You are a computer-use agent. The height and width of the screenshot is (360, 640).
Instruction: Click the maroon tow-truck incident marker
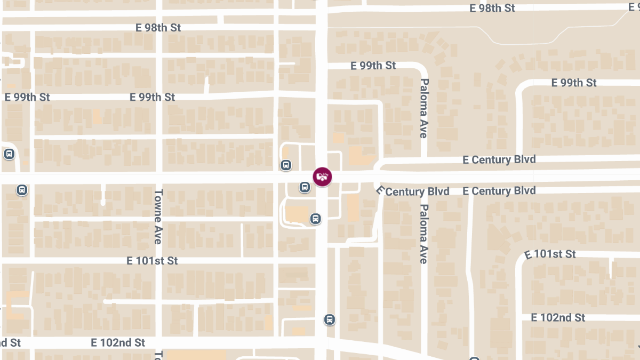322,177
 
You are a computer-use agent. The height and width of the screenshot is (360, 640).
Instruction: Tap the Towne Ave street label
158,217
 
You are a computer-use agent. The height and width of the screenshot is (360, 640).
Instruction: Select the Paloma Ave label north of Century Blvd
424,108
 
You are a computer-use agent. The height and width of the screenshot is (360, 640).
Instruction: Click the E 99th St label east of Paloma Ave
574,83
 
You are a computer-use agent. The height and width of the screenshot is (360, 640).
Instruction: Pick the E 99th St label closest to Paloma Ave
373,66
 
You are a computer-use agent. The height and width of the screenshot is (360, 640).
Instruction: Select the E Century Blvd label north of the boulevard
499,159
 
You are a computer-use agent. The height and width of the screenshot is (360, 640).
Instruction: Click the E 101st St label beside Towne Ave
152,261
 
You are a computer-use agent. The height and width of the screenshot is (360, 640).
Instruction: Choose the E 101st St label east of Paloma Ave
550,254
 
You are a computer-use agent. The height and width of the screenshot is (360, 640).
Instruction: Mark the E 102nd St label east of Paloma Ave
558,317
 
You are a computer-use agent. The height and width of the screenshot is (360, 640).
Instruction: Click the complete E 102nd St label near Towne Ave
118,342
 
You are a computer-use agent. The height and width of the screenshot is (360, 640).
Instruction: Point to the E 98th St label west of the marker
158,28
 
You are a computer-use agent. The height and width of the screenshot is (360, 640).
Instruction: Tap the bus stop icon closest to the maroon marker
304,187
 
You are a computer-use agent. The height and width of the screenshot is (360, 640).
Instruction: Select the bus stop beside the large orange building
316,218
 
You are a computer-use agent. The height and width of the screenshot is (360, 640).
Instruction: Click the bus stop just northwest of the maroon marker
286,165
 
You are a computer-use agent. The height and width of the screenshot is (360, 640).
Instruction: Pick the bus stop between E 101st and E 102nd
330,319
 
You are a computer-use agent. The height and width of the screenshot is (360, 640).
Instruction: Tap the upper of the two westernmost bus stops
9,154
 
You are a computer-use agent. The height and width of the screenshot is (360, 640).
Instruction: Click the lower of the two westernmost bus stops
22,190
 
